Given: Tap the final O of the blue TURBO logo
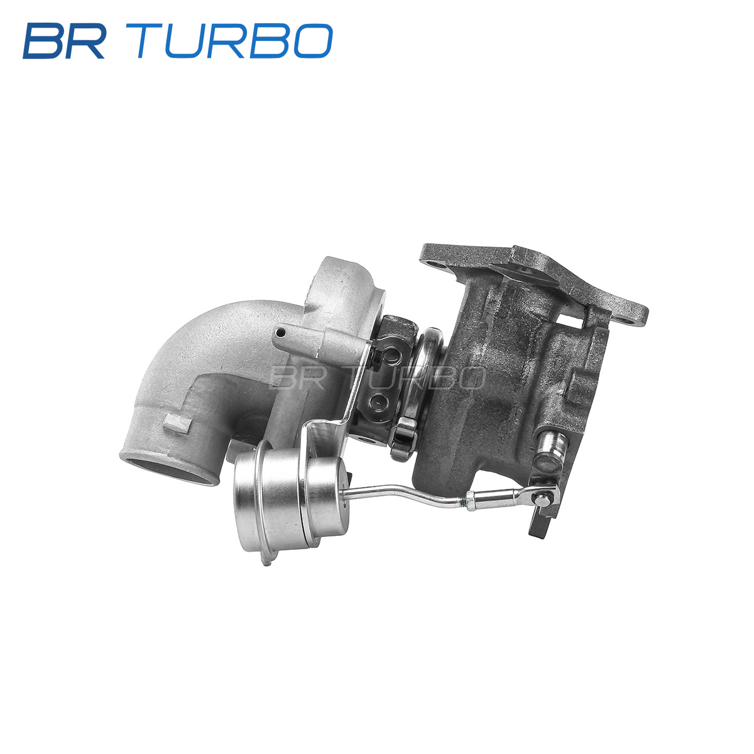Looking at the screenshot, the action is click(x=312, y=41).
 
